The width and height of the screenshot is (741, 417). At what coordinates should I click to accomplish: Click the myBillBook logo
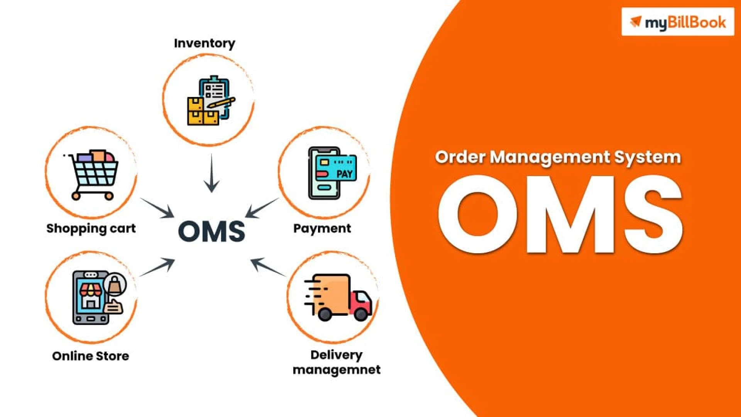pos(677,22)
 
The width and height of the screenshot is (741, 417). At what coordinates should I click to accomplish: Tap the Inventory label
pos(204,43)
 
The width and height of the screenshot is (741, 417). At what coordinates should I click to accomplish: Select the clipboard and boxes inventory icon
pos(210,101)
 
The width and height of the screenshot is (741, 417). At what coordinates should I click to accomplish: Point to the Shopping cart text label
pos(91,228)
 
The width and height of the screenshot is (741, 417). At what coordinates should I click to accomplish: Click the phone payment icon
pos(331,173)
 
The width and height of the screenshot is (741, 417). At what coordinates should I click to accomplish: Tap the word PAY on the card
pos(344,174)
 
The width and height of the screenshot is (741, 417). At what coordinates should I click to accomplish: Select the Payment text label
pos(322,228)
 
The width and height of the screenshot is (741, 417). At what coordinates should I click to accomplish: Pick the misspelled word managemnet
pos(337,370)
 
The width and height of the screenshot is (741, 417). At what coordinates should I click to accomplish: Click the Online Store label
pos(90,356)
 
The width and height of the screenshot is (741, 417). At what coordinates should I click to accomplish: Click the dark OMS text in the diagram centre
pos(211,232)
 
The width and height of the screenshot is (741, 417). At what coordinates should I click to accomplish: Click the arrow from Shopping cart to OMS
pos(157,208)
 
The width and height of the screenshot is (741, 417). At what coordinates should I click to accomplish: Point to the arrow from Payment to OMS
pos(262,208)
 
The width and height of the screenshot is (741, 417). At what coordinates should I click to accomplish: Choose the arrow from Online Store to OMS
pos(157,267)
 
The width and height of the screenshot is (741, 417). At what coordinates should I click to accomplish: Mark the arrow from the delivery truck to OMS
pos(268,267)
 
